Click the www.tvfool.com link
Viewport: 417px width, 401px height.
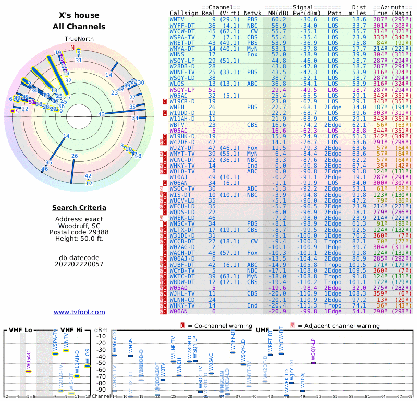(x=79, y=312)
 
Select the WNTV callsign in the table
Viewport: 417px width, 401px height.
(x=177, y=19)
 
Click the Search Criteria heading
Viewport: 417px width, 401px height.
(x=79, y=208)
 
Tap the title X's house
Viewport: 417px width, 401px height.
(x=79, y=15)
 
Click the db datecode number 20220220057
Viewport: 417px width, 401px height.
(x=79, y=264)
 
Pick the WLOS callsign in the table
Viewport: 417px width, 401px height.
(x=177, y=83)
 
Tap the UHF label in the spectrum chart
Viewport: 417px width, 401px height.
(x=262, y=330)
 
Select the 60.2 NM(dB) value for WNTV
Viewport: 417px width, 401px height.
(x=278, y=19)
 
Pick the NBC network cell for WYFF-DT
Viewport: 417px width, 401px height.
(x=252, y=25)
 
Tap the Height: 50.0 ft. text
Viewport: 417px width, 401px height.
(x=79, y=239)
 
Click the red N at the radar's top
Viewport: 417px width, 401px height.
(x=72, y=48)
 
